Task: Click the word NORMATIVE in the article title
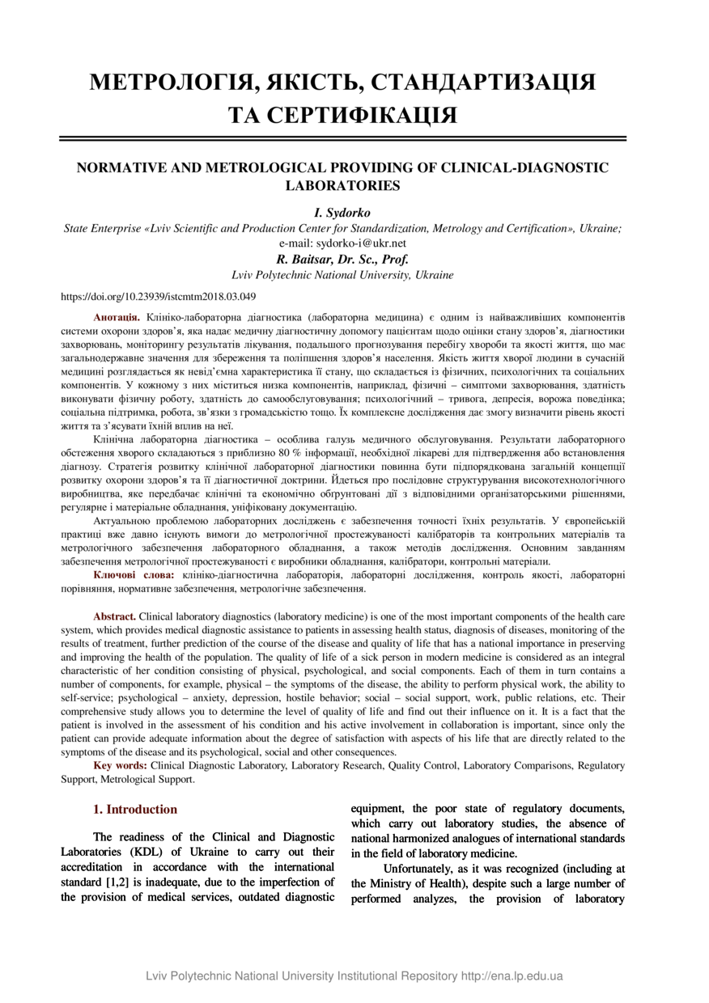(124, 167)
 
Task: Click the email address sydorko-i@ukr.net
(361, 243)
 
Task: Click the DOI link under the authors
(159, 296)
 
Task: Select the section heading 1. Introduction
(135, 810)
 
